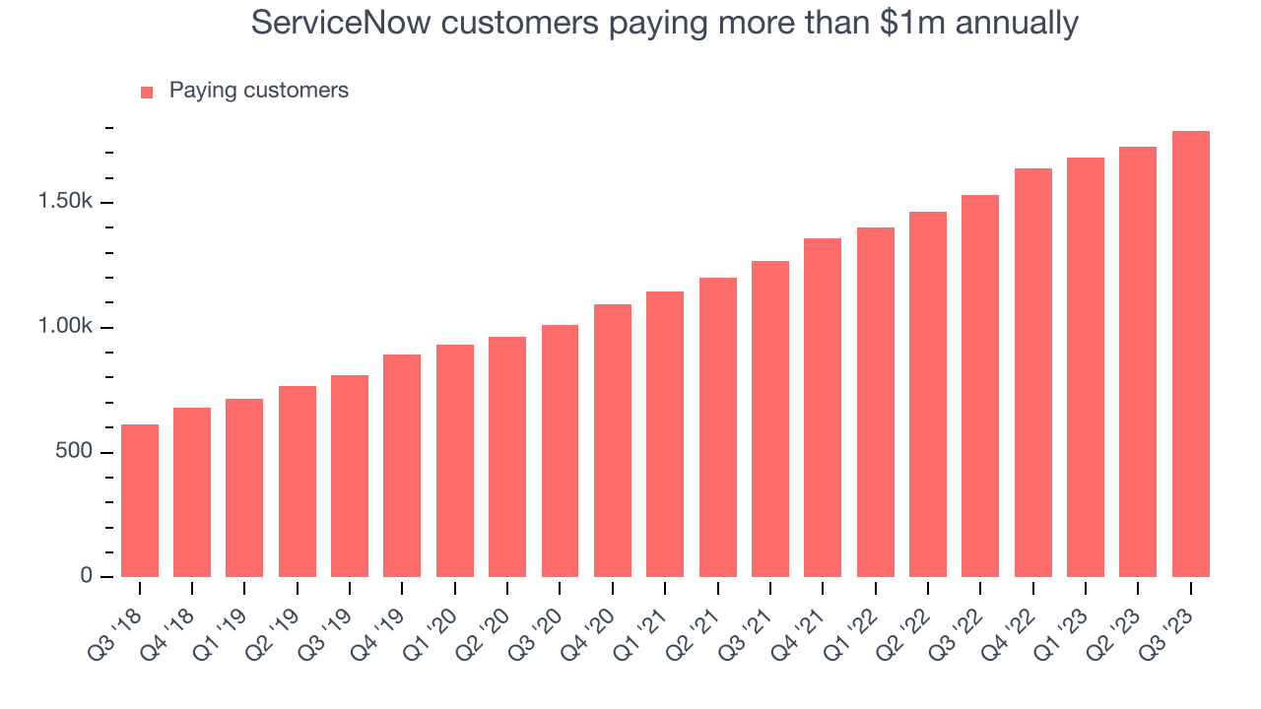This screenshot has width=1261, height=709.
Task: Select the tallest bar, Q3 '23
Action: tap(1191, 354)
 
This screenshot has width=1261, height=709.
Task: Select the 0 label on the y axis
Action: tap(86, 576)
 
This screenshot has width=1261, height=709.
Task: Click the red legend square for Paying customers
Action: tap(147, 92)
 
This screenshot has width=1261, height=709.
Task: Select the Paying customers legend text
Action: tap(258, 91)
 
